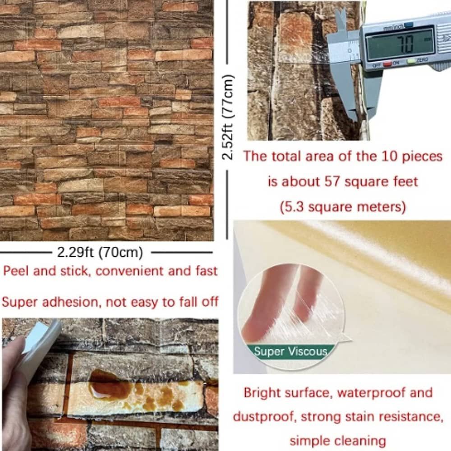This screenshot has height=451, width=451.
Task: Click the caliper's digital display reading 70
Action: tap(400, 43)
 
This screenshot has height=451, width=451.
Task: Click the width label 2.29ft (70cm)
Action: tap(100, 253)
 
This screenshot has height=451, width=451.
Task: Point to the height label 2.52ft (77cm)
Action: tap(228, 117)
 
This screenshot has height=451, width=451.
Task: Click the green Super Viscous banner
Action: tap(291, 351)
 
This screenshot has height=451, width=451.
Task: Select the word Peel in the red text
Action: tap(15, 271)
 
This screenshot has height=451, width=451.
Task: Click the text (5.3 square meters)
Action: tap(343, 207)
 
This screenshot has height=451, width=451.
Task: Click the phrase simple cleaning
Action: tap(338, 441)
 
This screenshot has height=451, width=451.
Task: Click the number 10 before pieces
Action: tap(389, 156)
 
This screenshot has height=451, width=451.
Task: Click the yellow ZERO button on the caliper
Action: tap(412, 61)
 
